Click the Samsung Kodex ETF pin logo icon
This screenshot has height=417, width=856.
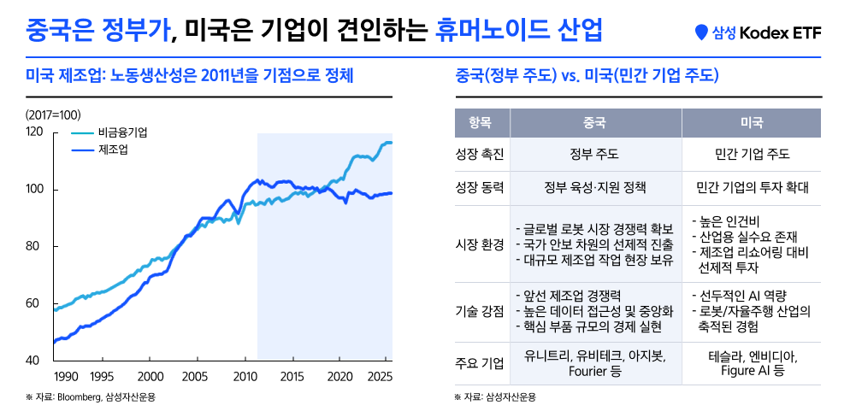[x=702, y=33]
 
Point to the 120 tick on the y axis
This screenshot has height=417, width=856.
[x=35, y=132]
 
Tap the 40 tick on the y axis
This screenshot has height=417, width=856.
[x=35, y=360]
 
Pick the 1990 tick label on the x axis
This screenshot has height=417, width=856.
[x=66, y=377]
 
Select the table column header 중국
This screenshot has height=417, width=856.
[x=594, y=123]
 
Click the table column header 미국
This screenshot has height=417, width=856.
[x=751, y=123]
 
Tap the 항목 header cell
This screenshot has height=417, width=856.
[x=480, y=123]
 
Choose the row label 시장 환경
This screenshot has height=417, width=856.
[x=480, y=244]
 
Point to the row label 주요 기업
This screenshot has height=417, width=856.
[x=480, y=363]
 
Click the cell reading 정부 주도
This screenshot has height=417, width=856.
[x=594, y=155]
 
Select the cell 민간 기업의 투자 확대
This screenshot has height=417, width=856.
[x=751, y=187]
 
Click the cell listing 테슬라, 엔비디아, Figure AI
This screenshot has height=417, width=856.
[x=751, y=363]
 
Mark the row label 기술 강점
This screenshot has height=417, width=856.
[x=480, y=311]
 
